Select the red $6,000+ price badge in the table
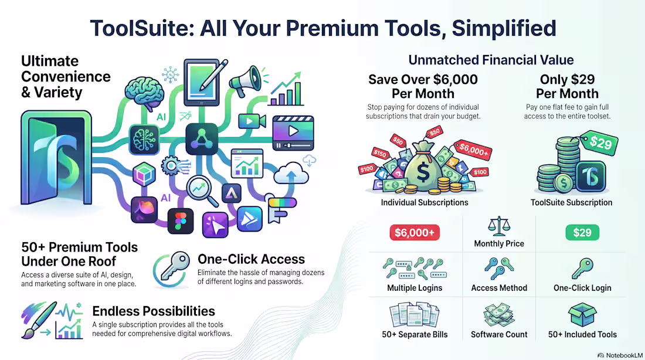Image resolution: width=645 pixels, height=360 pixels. coord(415,232)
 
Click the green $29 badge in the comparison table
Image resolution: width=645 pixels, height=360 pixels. coord(582,232)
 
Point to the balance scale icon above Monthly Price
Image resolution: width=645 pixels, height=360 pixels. coord(499,226)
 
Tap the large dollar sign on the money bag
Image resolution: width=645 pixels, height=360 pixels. coord(423,172)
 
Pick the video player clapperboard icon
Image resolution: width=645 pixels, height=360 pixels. coord(293,133)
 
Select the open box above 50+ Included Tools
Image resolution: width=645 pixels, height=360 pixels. coord(582,315)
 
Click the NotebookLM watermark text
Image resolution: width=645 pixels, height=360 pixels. coord(624,355)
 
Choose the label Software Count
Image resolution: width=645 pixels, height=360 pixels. coord(499,334)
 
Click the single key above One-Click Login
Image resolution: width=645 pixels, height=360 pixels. coord(582,269)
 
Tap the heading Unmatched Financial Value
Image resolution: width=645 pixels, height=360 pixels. coord(491,60)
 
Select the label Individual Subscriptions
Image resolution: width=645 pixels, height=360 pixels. coord(425,202)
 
